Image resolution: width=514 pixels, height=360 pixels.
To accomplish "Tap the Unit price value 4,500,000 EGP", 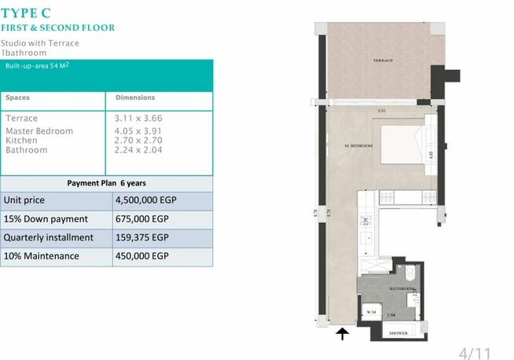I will pos(145,200).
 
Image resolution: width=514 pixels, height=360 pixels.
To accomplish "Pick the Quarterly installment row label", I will pos(49,237).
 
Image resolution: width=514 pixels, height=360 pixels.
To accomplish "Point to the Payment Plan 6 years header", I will pos(106,183).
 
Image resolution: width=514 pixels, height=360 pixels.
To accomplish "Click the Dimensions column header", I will pos(135,98).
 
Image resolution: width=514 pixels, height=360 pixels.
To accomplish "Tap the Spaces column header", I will pos(18,98).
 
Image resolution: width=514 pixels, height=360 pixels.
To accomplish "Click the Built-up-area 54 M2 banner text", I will pos(35,67).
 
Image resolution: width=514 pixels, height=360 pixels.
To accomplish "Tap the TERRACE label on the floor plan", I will pos(383,61).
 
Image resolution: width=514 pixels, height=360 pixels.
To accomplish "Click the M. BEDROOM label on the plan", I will pos(358,146).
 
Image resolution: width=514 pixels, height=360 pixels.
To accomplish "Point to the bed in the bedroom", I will pos(403,145).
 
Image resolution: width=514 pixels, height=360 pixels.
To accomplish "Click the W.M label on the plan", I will pos(372,313).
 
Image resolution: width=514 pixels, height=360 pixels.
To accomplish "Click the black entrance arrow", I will pos(343,336).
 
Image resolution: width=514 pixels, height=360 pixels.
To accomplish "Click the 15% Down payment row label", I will pos(46,219).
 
